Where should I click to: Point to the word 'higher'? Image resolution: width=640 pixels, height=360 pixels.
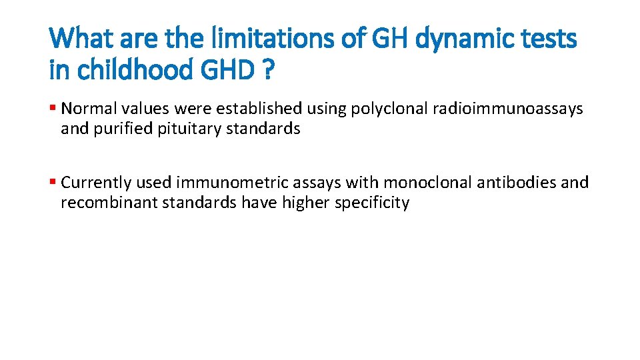click(306, 203)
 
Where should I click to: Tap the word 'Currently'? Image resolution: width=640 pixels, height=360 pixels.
click(92, 183)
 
